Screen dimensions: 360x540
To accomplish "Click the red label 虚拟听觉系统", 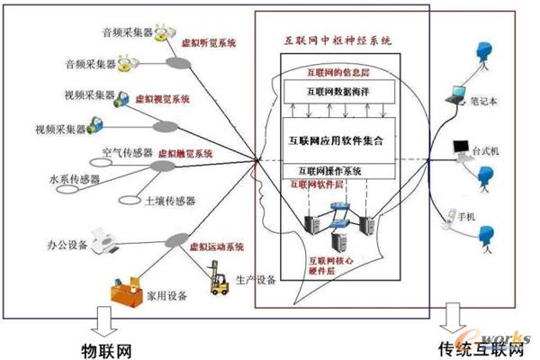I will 208,42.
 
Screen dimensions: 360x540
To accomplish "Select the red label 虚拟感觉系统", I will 185,154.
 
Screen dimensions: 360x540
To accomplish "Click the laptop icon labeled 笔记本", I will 456,91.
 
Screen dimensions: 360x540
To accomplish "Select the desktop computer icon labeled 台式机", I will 461,145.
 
